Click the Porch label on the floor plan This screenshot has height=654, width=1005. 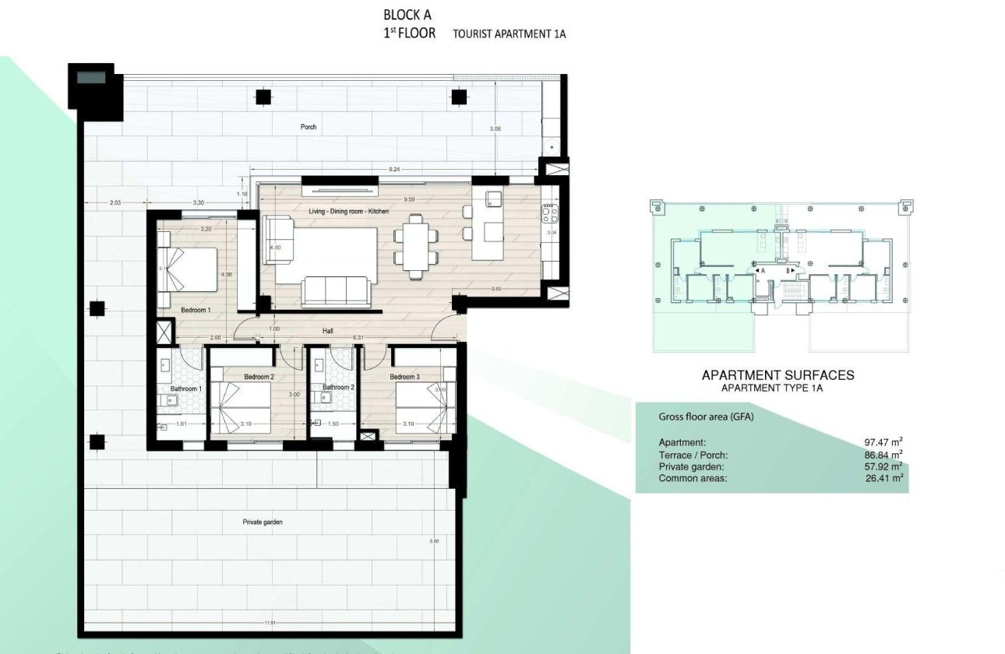click(x=309, y=127)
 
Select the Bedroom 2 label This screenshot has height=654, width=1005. click(x=259, y=377)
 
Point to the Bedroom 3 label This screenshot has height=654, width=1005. click(x=405, y=377)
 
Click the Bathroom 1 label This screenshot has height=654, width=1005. click(x=186, y=389)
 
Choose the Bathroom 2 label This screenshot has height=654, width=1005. click(x=339, y=387)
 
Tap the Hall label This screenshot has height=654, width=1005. click(x=328, y=331)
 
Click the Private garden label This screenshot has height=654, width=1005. click(x=262, y=522)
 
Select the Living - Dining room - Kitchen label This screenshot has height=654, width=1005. click(x=348, y=211)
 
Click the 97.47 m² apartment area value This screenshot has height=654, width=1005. click(x=882, y=442)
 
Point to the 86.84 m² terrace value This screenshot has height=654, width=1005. click(x=882, y=454)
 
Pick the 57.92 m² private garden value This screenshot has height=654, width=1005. click(x=882, y=466)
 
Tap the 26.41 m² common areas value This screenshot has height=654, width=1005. click(x=882, y=478)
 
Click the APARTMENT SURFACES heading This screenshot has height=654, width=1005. click(x=778, y=375)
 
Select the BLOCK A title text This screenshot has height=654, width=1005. click(x=407, y=15)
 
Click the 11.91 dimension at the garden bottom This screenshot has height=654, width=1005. click(x=270, y=622)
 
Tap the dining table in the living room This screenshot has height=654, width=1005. click(x=414, y=248)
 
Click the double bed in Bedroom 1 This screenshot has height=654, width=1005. click(x=189, y=269)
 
